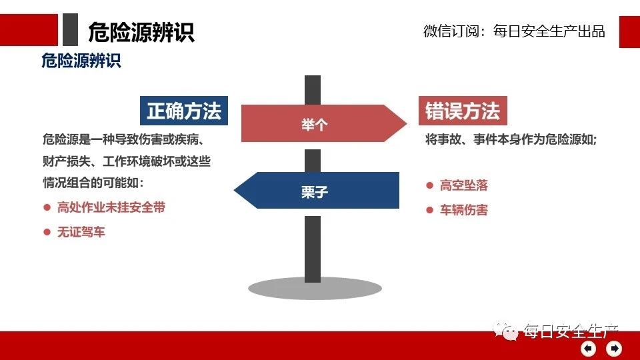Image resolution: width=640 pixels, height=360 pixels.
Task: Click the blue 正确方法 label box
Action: (x=184, y=111)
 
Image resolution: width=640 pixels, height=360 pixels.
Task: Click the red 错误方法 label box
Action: (x=463, y=111)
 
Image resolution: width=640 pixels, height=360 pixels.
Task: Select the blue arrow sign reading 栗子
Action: (x=316, y=190)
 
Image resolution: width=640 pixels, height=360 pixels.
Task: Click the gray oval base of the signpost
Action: (x=315, y=289)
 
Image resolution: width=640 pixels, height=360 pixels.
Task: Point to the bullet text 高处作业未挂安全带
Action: (x=111, y=207)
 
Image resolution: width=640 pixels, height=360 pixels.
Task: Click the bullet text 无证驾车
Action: (x=81, y=232)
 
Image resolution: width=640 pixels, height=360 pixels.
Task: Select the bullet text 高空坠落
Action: (x=464, y=185)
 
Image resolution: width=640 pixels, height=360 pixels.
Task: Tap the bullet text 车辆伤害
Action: (x=464, y=210)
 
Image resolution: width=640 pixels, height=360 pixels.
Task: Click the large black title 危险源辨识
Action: (x=141, y=32)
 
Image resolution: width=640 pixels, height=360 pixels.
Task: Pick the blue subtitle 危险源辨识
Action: (x=81, y=61)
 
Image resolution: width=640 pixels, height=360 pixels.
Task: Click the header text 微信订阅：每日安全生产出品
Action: (x=514, y=31)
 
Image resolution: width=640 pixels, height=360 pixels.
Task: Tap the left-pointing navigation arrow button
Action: (x=588, y=349)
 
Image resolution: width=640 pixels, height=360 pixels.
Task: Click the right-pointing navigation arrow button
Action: (x=614, y=349)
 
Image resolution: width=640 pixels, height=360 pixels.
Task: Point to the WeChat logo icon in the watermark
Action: (x=505, y=331)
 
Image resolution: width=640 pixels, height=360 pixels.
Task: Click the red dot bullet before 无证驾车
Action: (x=47, y=232)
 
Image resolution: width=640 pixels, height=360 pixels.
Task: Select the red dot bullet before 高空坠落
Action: (x=429, y=185)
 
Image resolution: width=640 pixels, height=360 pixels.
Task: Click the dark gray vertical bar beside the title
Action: (x=70, y=29)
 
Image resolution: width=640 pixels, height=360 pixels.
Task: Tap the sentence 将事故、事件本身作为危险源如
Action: (x=511, y=139)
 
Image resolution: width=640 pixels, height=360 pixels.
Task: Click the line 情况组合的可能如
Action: (x=93, y=183)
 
